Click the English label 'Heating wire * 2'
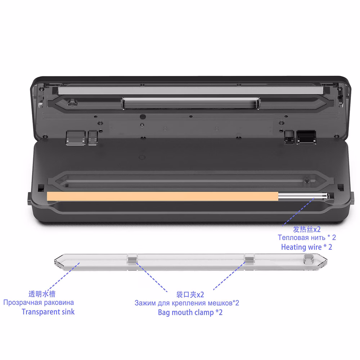pos(306,247)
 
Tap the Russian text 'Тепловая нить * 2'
pos(307,237)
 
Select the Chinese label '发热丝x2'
pos(307,229)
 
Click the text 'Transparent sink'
pos(48,312)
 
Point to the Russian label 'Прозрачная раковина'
pos(39,303)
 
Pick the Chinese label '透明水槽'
pos(42,294)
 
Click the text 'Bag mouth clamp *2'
pos(190,312)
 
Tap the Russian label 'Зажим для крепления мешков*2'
pos(186,303)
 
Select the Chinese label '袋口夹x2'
pos(190,294)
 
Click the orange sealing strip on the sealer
pos(163,197)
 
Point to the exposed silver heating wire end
pos(303,196)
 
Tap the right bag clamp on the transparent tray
pos(249,259)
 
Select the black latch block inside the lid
pos(306,137)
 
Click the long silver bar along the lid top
pos(190,90)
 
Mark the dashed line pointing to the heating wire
pos(298,212)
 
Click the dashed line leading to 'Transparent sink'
pos(64,277)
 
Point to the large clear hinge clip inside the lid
pos(76,138)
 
